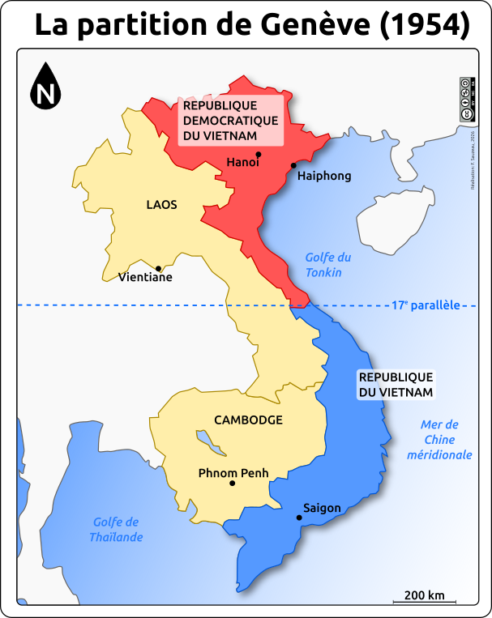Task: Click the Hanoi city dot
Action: (x=258, y=154)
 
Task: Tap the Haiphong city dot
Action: (x=293, y=165)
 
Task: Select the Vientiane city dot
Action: (x=159, y=268)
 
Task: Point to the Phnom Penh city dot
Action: (x=232, y=484)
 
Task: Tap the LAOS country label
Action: (x=161, y=205)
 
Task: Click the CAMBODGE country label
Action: (x=248, y=420)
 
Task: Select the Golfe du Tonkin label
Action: (x=327, y=265)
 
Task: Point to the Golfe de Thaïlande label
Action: (x=116, y=530)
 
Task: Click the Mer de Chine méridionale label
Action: (x=439, y=440)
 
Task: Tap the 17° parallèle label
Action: (x=426, y=305)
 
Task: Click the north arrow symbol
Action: (x=46, y=87)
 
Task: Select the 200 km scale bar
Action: (x=425, y=600)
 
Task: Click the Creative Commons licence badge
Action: (x=466, y=99)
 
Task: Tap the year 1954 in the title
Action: (x=425, y=27)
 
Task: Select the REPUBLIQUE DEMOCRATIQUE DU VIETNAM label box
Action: (x=230, y=121)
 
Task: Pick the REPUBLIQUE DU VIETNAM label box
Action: (x=396, y=385)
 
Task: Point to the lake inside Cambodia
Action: (x=208, y=442)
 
